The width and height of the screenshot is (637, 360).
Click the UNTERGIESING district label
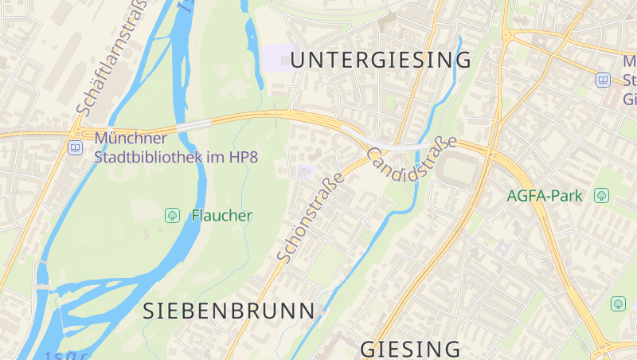381,60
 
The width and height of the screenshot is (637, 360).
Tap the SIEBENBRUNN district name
229,311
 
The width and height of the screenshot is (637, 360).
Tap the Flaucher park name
221,215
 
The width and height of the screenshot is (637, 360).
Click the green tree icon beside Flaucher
171,215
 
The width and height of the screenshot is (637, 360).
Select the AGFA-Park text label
545,195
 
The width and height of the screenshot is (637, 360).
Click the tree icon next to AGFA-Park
602,195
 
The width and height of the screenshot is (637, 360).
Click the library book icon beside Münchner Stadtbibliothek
75,147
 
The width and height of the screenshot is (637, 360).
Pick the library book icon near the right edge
604,80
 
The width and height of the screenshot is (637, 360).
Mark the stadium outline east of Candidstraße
460,170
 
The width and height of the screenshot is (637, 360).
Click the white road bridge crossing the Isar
193,125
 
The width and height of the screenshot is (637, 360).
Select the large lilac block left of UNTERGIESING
279,57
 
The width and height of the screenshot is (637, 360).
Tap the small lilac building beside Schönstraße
306,171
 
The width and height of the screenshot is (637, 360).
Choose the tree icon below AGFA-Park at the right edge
618,303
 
